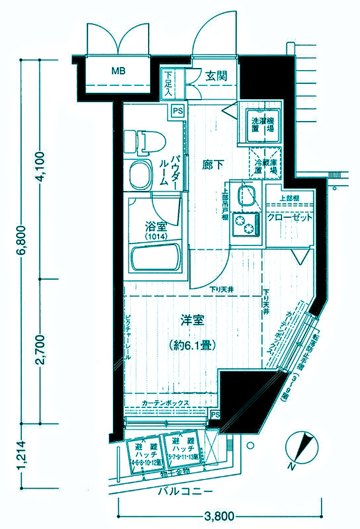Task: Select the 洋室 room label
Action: [x=192, y=321]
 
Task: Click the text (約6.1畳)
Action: [x=192, y=345]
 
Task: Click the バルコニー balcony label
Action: [x=185, y=493]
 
